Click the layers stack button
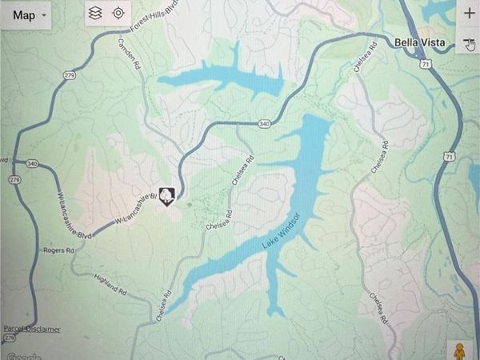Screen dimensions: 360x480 95,13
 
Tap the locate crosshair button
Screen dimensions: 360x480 118,13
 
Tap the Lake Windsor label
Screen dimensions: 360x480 281,232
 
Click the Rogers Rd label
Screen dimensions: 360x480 59,250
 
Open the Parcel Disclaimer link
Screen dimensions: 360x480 31,329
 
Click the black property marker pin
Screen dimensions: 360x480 166,194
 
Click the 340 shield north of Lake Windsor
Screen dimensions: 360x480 265,123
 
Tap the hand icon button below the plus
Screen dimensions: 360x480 470,44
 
